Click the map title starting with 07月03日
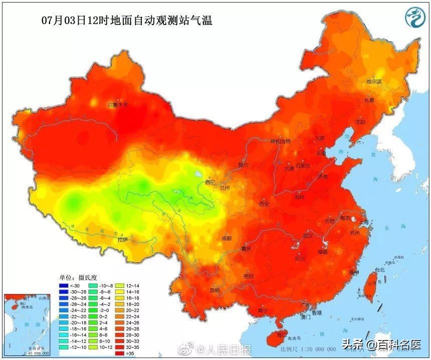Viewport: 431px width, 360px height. coord(127,21)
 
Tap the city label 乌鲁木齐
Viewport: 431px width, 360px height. coord(118,105)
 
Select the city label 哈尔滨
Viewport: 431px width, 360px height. coord(374,81)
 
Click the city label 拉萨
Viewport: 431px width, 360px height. coord(123,240)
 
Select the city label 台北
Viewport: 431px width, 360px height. coord(380,270)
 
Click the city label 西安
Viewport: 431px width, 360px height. coord(264,204)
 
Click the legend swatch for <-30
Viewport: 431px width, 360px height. coord(64,286)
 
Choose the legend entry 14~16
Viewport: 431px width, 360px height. coord(121,291)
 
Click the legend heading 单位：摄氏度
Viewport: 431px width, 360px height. coord(79,277)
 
